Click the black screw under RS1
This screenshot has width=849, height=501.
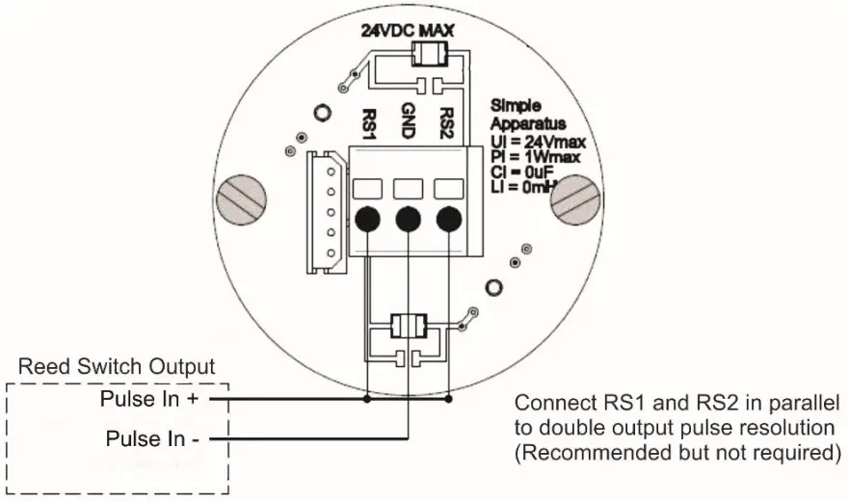coord(367,221)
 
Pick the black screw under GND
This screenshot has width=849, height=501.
coord(408,221)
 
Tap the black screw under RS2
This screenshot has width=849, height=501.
coord(448,221)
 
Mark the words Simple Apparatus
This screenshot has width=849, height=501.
coord(519,114)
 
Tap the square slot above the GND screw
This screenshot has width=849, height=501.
coord(408,188)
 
